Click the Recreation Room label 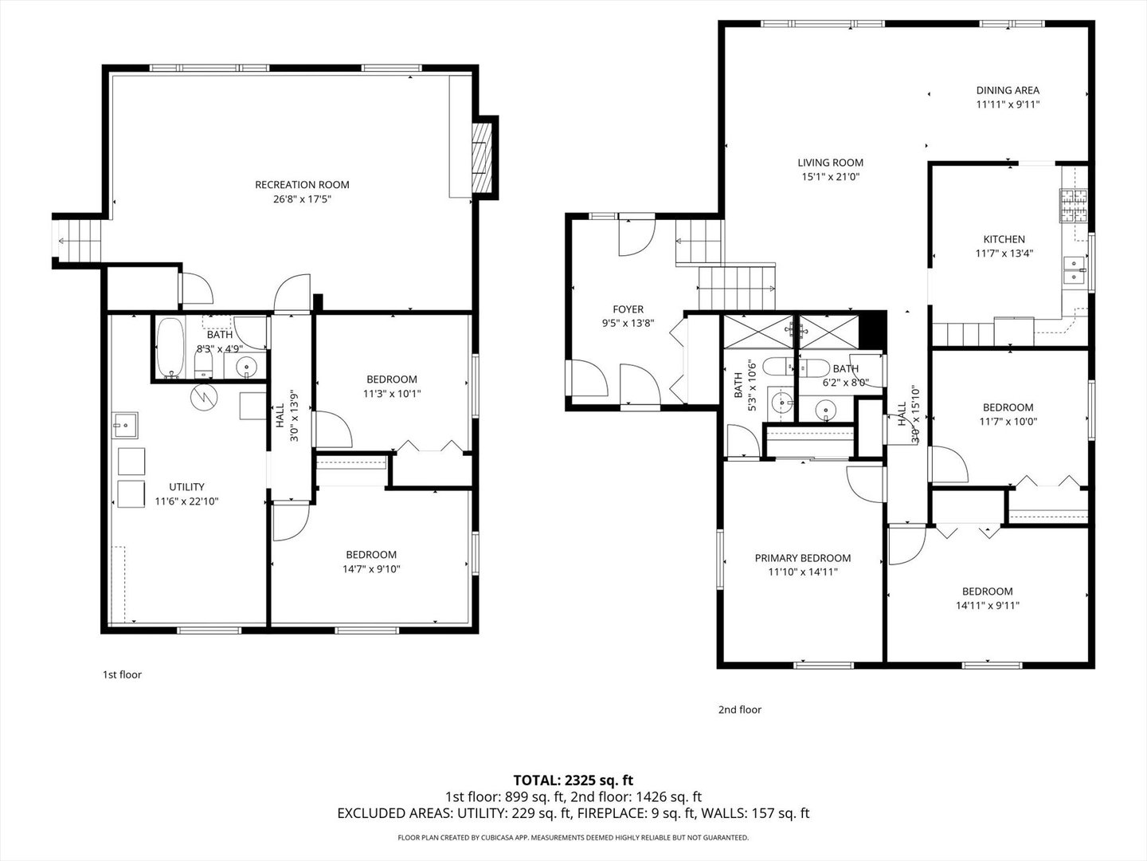coord(302,185)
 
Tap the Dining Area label coord(1008,91)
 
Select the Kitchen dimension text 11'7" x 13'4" coord(1004,254)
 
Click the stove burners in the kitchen coord(1073,206)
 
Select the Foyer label coord(628,309)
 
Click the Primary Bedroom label coord(803,558)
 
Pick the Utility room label coord(186,487)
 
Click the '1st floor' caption coord(122,675)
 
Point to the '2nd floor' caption coord(740,710)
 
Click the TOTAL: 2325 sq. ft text coord(573,780)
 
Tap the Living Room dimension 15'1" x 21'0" coord(830,177)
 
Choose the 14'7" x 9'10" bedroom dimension coord(370,569)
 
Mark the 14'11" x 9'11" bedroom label coord(987,592)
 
